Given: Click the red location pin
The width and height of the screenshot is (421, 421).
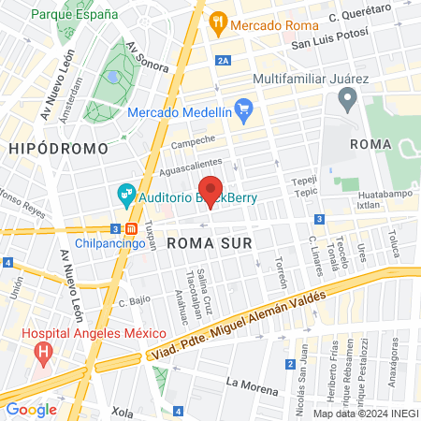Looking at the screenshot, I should (210, 191).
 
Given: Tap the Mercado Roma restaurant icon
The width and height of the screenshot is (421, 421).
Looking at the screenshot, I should (218, 21).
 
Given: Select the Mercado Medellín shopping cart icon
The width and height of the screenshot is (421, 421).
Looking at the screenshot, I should (243, 108).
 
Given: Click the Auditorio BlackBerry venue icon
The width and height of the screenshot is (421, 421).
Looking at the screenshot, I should (125, 197).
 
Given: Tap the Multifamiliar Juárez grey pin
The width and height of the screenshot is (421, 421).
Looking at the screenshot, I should (348, 97).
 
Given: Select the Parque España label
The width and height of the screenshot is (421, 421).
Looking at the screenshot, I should (75, 16).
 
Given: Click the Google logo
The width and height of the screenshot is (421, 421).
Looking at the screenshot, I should (32, 409).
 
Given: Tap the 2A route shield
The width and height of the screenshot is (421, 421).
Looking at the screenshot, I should (222, 61).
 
